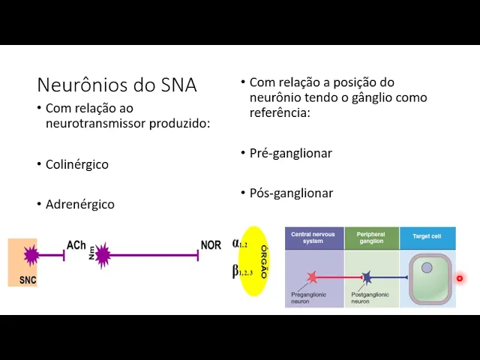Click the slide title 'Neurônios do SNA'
coord(117,85)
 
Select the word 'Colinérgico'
coord(76,164)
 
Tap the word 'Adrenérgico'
coord(79,204)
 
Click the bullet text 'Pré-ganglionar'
coord(291,153)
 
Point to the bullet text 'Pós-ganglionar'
coord(291,193)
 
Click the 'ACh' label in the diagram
coord(76,245)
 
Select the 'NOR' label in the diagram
coord(211,245)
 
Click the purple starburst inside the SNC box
coord(31,255)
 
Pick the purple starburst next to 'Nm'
coord(103,255)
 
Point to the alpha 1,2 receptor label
coord(239,244)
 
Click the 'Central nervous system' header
coord(313,238)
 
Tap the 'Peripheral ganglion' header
coord(371,238)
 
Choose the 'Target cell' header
coord(427,237)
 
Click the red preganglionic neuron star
coord(312,277)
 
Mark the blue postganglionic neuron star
coord(367,277)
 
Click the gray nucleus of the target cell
coord(427,268)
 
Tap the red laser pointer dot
coord(460,278)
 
